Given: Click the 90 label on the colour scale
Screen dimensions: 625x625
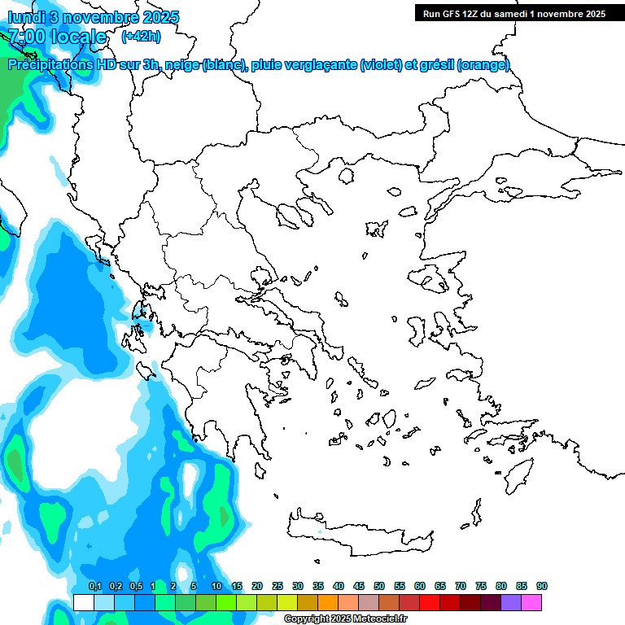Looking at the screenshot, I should click(x=542, y=586).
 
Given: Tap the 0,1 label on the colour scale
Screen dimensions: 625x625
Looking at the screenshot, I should click(x=94, y=586).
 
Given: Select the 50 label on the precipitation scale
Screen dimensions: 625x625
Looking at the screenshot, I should click(x=379, y=586).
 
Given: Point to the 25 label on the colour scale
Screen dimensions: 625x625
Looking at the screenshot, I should click(x=278, y=586).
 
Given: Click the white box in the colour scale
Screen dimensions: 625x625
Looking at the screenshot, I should click(x=83, y=602).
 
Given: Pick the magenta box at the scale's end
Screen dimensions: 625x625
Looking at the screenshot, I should click(x=531, y=602).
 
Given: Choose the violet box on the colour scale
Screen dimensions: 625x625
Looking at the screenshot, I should click(x=511, y=602).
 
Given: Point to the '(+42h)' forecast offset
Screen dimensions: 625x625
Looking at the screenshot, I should click(x=141, y=37).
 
